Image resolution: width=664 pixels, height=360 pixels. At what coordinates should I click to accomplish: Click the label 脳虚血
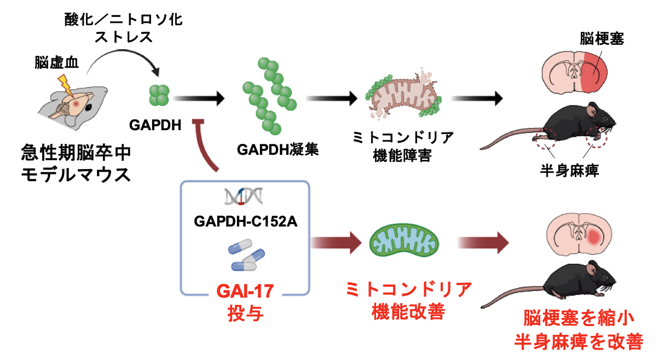[56, 63]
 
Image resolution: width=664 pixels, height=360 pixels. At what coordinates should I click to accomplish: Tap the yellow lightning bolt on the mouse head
[65, 84]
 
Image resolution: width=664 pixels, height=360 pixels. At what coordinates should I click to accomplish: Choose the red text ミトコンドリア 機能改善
[408, 300]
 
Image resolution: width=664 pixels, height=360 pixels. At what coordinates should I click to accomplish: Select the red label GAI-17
[245, 288]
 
